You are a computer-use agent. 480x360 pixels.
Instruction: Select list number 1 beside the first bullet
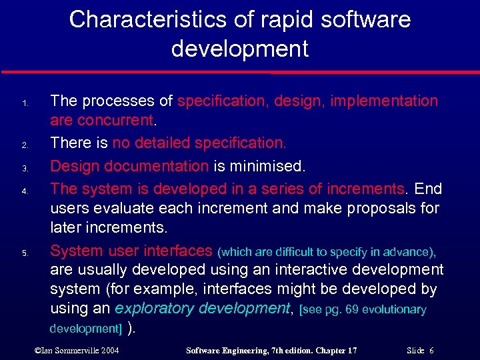click(24, 104)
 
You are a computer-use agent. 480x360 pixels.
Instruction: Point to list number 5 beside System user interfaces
click(24, 253)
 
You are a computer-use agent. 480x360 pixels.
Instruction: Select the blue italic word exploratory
click(156, 308)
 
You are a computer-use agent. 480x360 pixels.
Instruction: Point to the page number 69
click(353, 310)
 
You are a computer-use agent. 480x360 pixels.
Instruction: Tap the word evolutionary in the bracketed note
click(395, 310)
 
